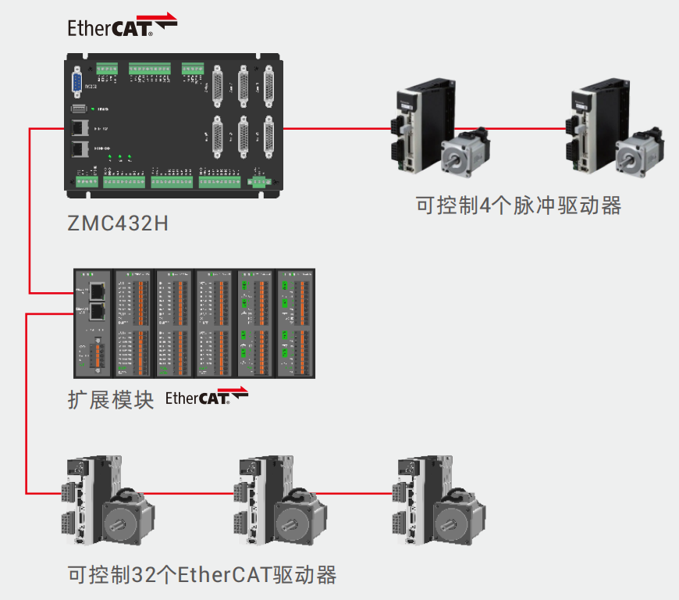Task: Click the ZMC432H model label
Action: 118,223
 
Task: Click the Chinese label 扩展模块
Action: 111,398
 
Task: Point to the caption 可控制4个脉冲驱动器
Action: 518,205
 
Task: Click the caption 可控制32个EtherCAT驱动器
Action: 202,576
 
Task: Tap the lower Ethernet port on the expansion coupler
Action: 98,312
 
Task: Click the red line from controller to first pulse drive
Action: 336,127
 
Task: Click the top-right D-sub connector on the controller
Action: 269,85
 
